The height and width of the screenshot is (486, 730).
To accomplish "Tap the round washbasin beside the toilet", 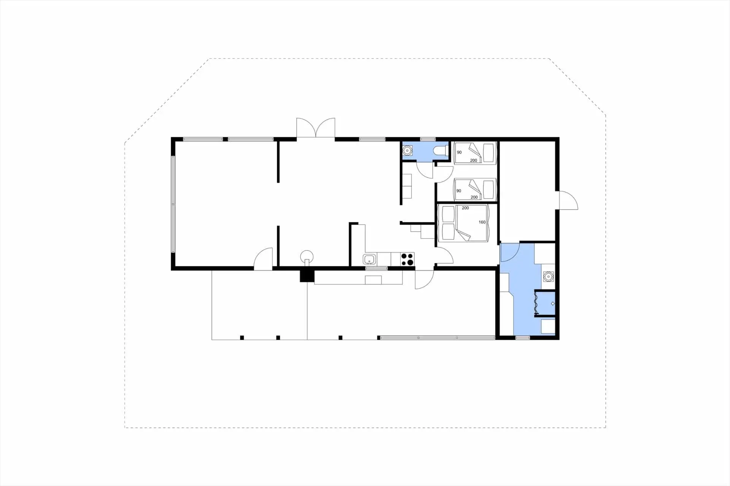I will tap(407, 151).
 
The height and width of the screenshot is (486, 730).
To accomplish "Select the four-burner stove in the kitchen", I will tap(407, 259).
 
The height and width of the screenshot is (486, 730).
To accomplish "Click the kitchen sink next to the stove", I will tap(370, 260).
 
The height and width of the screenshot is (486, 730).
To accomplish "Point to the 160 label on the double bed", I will tap(482, 222).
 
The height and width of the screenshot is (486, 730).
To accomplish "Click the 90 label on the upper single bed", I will tap(459, 152).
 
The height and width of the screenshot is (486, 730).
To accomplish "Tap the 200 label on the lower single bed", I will tap(474, 197).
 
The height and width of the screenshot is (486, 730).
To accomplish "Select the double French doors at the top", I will tap(316, 128).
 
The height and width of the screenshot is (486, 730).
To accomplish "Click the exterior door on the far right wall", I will tap(568, 201).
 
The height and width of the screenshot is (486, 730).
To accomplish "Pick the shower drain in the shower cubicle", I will tap(552, 304).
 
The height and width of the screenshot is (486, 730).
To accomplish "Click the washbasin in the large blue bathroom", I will tap(548, 277).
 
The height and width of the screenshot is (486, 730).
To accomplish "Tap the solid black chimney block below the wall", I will tap(307, 275).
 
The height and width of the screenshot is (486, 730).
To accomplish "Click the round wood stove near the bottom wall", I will tap(307, 256).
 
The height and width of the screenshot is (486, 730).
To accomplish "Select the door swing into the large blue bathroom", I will tap(510, 252).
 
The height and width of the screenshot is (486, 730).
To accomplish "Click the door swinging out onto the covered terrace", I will tap(424, 280).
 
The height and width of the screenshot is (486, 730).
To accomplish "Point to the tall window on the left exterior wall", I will tap(173, 204).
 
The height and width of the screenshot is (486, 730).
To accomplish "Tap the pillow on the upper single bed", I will tap(489, 152).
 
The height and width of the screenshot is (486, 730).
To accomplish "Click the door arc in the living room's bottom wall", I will tap(263, 259).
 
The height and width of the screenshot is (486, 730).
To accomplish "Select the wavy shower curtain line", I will tap(536, 303).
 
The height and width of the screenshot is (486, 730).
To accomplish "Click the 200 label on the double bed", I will tap(465, 208).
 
